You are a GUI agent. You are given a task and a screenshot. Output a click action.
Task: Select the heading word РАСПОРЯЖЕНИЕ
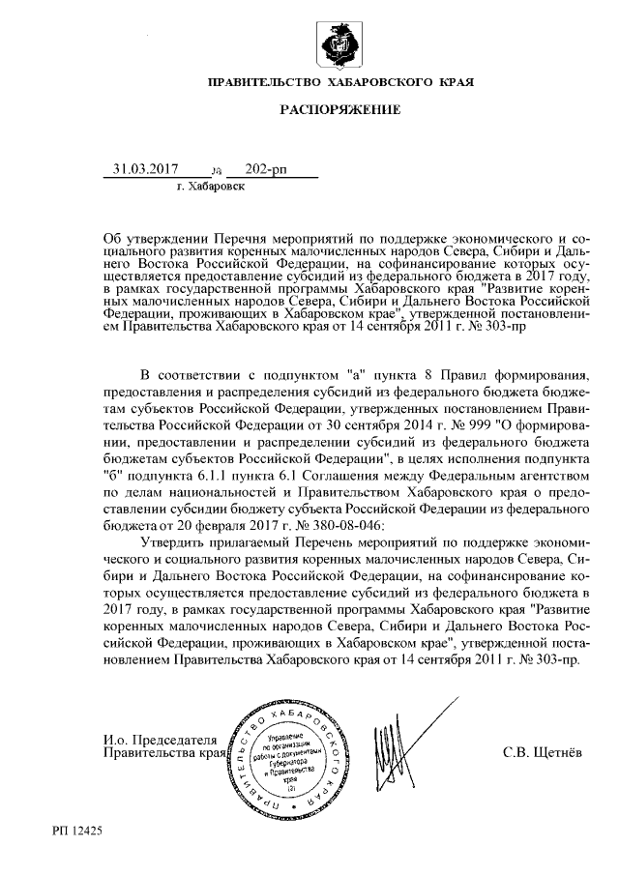click(x=340, y=111)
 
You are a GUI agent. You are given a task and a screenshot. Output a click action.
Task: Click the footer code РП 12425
click(x=78, y=831)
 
